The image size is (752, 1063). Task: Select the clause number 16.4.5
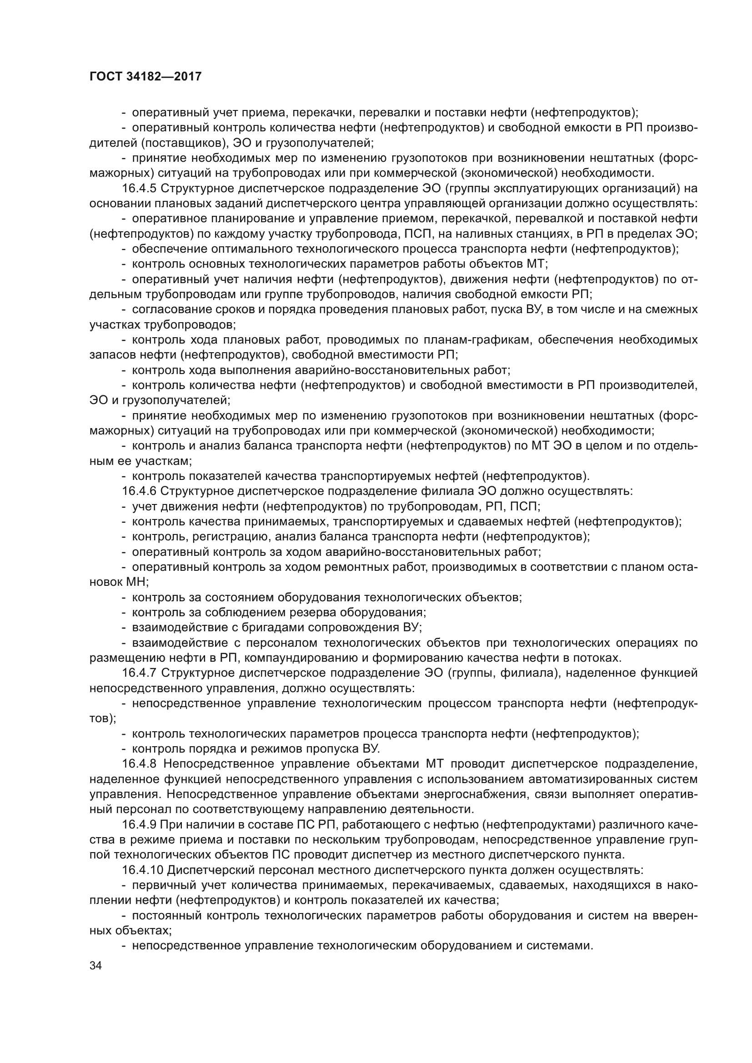pos(140,189)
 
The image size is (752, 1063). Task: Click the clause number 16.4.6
pos(140,491)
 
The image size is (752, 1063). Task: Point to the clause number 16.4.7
pos(140,673)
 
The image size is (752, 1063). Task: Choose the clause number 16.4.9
pos(140,824)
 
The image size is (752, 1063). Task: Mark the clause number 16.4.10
pos(143,869)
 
